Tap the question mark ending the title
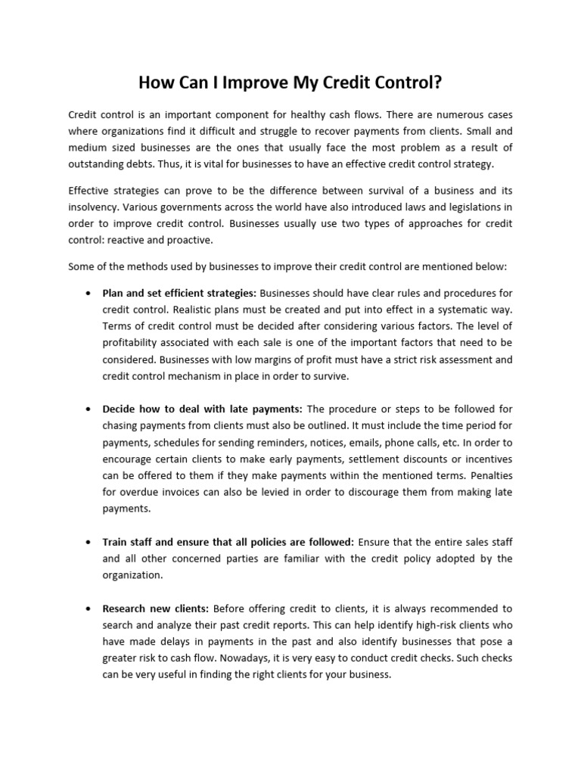437,82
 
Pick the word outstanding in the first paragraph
98,164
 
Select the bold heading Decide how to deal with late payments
202,409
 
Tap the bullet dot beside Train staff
89,542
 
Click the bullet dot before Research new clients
89,608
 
